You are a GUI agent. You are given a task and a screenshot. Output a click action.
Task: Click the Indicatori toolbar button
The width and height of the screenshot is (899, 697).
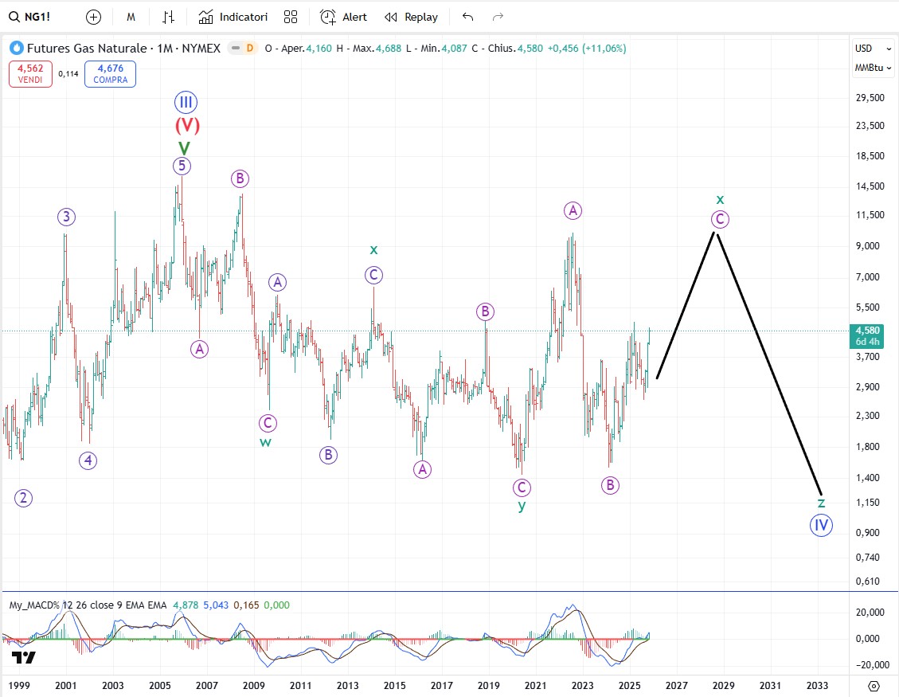pos(233,17)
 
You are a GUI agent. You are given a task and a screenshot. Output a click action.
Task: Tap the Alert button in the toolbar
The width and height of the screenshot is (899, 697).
pos(344,17)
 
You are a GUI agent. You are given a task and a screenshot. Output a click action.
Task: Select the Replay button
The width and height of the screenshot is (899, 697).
pos(411,17)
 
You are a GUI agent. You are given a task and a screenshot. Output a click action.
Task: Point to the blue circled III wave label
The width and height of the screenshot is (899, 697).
pos(186,102)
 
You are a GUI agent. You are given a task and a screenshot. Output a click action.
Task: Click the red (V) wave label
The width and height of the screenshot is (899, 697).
pos(187,125)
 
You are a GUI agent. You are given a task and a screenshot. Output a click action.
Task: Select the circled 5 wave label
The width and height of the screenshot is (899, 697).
pos(182,166)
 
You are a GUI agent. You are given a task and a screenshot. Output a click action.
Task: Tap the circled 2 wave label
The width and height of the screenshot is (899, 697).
pos(24,498)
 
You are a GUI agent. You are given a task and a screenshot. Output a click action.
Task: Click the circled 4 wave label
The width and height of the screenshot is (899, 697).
pos(88,460)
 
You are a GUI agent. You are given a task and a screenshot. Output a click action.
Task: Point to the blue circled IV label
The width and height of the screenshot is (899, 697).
pos(821,525)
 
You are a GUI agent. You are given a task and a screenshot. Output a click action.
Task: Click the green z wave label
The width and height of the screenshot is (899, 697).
pos(821,503)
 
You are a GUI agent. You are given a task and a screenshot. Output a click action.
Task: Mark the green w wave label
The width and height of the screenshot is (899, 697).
pos(265,442)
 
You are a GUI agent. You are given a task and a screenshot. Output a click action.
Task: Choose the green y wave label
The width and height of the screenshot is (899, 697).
pos(522,506)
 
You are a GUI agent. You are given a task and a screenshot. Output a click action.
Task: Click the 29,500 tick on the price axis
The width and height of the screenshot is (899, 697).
pos(869,98)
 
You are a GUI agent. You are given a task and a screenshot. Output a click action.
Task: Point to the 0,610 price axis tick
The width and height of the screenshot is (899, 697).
pos(869,581)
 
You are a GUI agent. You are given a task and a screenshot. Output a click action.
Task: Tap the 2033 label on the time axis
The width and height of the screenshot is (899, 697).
pos(817,685)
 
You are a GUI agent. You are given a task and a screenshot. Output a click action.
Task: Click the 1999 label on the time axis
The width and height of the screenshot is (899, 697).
pos(19,685)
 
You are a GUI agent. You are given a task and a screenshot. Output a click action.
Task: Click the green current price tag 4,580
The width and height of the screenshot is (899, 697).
pos(867,335)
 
